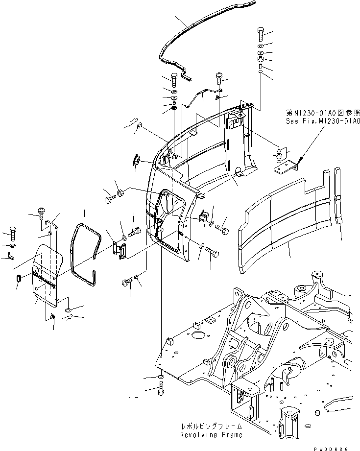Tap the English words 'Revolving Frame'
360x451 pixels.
tap(211, 434)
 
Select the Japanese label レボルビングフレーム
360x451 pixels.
tap(211, 427)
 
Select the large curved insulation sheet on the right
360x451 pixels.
tap(289, 220)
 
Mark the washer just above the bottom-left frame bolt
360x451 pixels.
tap(161, 377)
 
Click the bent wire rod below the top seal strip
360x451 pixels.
tap(201, 95)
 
